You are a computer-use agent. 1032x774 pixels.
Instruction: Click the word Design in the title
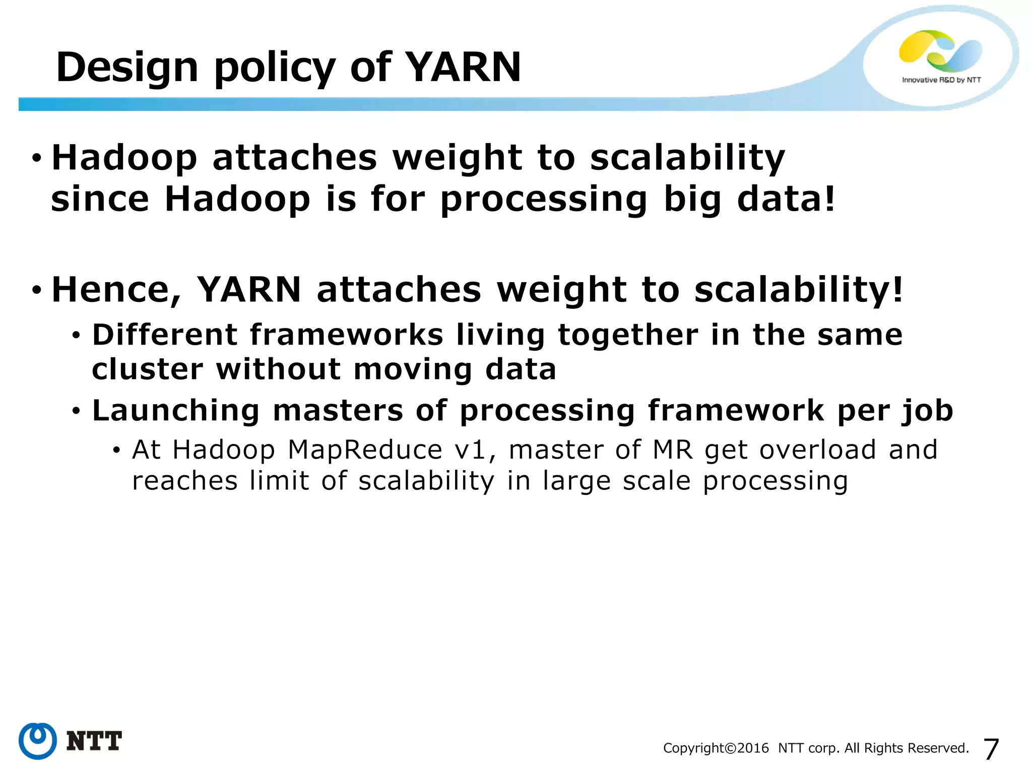(x=127, y=68)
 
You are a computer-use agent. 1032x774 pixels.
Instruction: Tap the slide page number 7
(x=991, y=749)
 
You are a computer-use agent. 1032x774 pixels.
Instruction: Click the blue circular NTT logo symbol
(x=37, y=741)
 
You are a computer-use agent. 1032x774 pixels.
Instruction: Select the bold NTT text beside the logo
(x=94, y=741)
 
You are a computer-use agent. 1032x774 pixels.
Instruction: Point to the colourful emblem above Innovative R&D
(x=940, y=50)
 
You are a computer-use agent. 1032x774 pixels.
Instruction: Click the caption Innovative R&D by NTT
(x=941, y=80)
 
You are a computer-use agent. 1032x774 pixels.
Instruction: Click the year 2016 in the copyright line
(x=753, y=748)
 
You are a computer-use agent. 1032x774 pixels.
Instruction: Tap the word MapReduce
(x=365, y=449)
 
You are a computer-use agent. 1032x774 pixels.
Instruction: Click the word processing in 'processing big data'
(x=544, y=200)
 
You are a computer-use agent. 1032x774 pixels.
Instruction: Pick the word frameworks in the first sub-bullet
(x=347, y=335)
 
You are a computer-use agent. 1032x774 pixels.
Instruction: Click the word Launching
(x=176, y=410)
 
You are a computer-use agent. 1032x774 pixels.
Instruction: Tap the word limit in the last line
(x=279, y=481)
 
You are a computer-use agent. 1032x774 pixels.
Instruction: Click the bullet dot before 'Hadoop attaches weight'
(x=36, y=158)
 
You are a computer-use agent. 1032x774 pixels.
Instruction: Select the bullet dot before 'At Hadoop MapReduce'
(x=116, y=450)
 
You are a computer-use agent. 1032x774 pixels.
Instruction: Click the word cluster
(x=147, y=369)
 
